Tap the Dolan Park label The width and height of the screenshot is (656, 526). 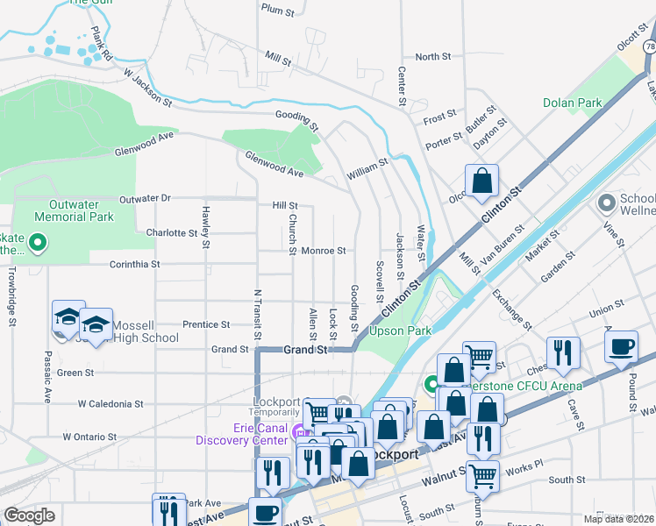[572, 103]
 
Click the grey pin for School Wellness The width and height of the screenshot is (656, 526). [606, 203]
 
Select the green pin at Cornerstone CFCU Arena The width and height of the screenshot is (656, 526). [431, 384]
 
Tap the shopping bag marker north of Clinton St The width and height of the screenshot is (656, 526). [481, 181]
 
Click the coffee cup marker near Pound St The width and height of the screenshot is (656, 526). [621, 347]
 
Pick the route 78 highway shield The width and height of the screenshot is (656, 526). [649, 46]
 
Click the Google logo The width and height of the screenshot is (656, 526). [29, 515]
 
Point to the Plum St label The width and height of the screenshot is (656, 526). [277, 9]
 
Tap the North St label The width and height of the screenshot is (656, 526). [432, 57]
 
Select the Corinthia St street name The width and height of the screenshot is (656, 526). [134, 263]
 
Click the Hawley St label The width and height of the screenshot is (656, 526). [205, 225]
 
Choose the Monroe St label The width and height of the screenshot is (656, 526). [324, 251]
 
